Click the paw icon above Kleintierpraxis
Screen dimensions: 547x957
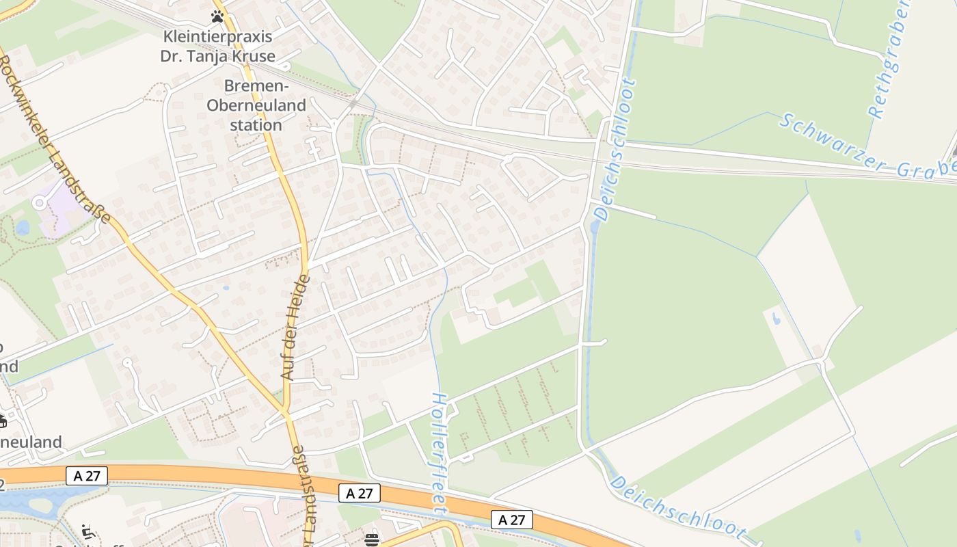(x=217, y=16)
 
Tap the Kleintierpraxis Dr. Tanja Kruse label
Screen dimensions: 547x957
(x=217, y=46)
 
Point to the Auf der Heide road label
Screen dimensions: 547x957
(x=296, y=327)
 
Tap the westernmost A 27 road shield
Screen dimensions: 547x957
(x=87, y=476)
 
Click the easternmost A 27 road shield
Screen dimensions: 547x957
(x=511, y=520)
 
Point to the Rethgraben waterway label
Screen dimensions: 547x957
(x=888, y=60)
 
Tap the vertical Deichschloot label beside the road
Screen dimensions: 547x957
(x=615, y=150)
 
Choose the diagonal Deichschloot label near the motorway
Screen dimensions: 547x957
(x=677, y=507)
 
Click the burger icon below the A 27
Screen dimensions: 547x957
(x=372, y=539)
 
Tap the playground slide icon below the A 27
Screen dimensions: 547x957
(x=87, y=531)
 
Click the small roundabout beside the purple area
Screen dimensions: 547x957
(x=39, y=202)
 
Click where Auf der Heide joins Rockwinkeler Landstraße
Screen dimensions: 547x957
(x=286, y=413)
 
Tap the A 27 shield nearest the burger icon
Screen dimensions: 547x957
(x=360, y=493)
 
